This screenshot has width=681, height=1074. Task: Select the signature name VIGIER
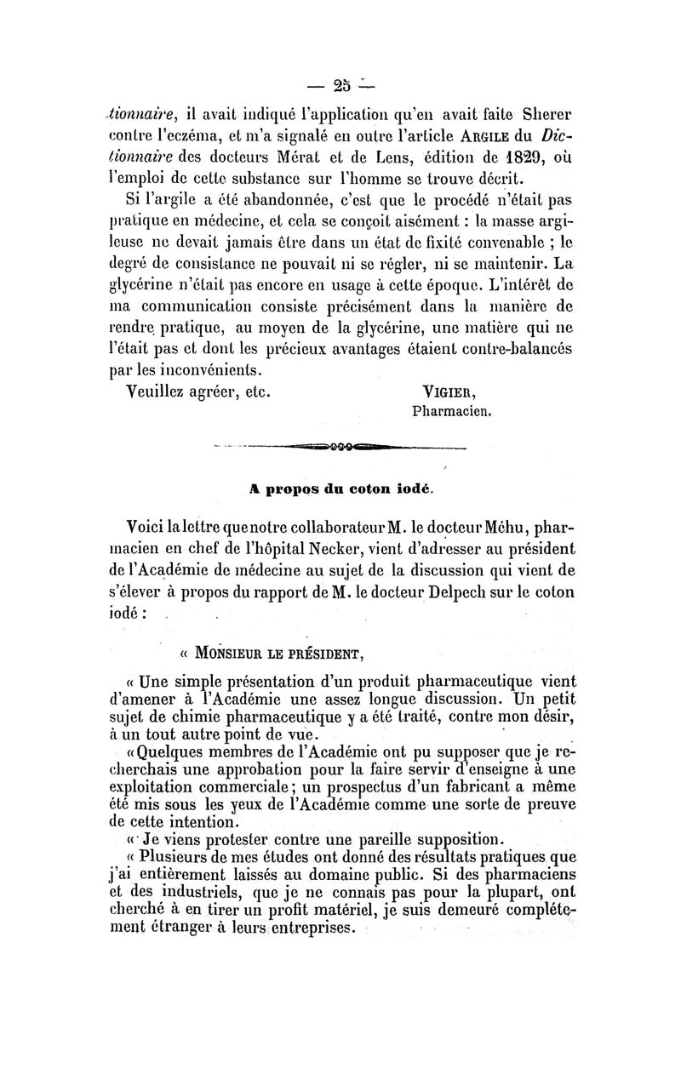pos(450,393)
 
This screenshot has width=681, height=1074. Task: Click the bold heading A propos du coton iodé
pos(340,489)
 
